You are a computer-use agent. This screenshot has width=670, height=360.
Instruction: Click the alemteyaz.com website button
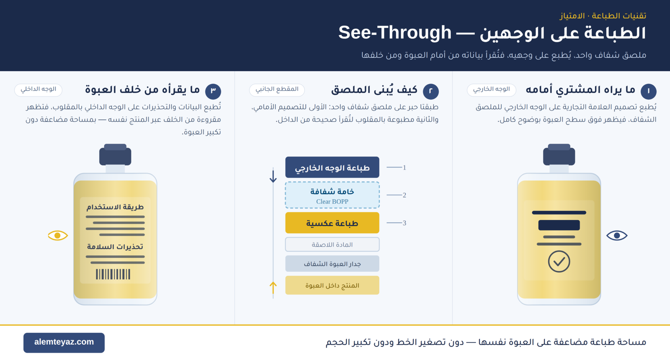click(64, 343)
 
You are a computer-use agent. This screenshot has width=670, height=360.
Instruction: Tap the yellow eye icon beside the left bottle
click(58, 236)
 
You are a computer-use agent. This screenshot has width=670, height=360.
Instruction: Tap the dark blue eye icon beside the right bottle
click(617, 236)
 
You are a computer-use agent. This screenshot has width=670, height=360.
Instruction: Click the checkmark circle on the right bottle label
click(559, 262)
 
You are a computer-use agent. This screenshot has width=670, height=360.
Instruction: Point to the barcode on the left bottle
click(113, 274)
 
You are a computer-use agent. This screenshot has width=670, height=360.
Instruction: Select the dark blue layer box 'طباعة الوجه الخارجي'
click(332, 167)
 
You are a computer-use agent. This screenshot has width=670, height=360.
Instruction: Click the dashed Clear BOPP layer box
click(332, 195)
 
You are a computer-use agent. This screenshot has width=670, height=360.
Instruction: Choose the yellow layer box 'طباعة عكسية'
click(332, 223)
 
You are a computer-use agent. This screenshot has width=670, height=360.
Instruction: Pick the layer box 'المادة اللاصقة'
click(332, 244)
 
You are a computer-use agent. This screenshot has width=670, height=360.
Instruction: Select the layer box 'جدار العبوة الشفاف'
click(332, 264)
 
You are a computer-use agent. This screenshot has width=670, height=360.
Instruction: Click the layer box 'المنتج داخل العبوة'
click(332, 285)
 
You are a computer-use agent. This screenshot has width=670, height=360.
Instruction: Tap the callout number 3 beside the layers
click(405, 223)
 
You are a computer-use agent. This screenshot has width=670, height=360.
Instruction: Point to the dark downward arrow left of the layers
click(273, 176)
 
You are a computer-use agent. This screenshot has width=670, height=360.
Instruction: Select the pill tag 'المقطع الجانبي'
click(277, 90)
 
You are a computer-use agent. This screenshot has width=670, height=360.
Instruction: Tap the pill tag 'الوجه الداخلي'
click(38, 90)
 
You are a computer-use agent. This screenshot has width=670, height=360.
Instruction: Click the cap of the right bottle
click(559, 155)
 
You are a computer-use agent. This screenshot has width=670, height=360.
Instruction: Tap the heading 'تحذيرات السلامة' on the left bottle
click(115, 247)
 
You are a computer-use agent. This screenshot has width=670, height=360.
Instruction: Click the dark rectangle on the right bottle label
click(559, 225)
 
